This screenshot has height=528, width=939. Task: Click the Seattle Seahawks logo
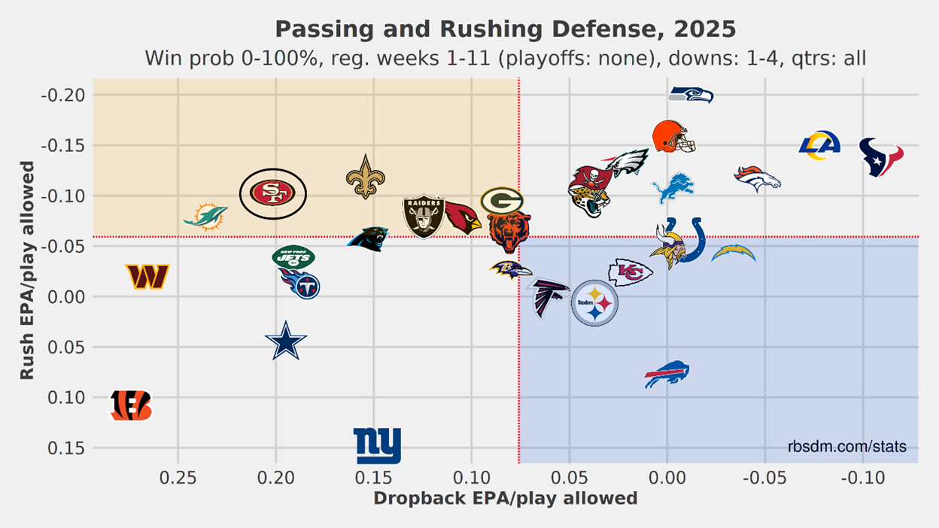(x=691, y=95)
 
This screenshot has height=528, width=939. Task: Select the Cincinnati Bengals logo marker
(x=131, y=405)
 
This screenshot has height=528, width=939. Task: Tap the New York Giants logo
(x=378, y=445)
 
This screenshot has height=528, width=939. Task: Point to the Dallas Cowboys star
(x=286, y=342)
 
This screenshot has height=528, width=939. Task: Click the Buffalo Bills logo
(x=667, y=374)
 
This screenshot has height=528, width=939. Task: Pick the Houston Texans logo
(x=881, y=156)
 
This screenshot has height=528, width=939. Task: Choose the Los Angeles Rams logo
(x=819, y=145)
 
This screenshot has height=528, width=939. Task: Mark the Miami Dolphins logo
(x=205, y=216)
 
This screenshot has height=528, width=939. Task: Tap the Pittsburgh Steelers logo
(x=594, y=303)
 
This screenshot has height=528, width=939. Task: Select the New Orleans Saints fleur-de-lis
(x=366, y=177)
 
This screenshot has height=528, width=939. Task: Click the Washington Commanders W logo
(x=147, y=276)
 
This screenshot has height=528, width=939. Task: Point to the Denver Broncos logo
(x=757, y=178)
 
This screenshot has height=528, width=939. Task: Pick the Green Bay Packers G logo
(x=502, y=201)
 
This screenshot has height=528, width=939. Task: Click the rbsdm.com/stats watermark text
(x=846, y=447)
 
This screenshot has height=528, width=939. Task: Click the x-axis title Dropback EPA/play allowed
(x=505, y=499)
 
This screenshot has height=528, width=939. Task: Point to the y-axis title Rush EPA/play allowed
(x=27, y=270)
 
